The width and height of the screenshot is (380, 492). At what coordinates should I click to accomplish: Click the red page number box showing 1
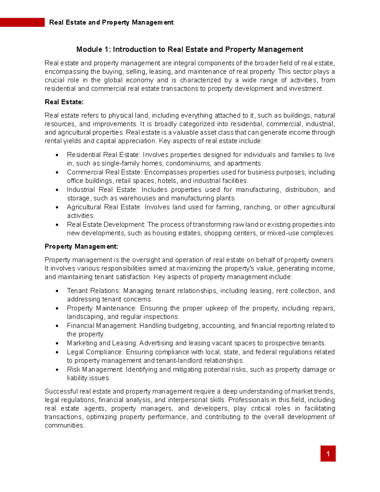coord(328,453)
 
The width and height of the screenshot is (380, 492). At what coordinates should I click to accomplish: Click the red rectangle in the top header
coord(22,22)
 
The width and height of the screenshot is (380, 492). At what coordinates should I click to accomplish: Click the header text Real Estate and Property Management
coord(111,22)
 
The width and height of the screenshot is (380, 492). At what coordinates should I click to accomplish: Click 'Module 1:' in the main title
coord(93,49)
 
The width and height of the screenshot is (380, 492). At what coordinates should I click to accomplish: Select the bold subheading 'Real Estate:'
coord(64,102)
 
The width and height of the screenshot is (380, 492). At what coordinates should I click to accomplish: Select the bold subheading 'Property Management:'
coord(81,246)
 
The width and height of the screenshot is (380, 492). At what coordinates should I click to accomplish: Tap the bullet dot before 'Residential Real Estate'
coord(57,155)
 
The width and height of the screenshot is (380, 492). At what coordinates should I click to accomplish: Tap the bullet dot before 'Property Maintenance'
coord(57,309)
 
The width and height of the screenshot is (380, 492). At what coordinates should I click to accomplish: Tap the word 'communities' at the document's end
coord(64,425)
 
